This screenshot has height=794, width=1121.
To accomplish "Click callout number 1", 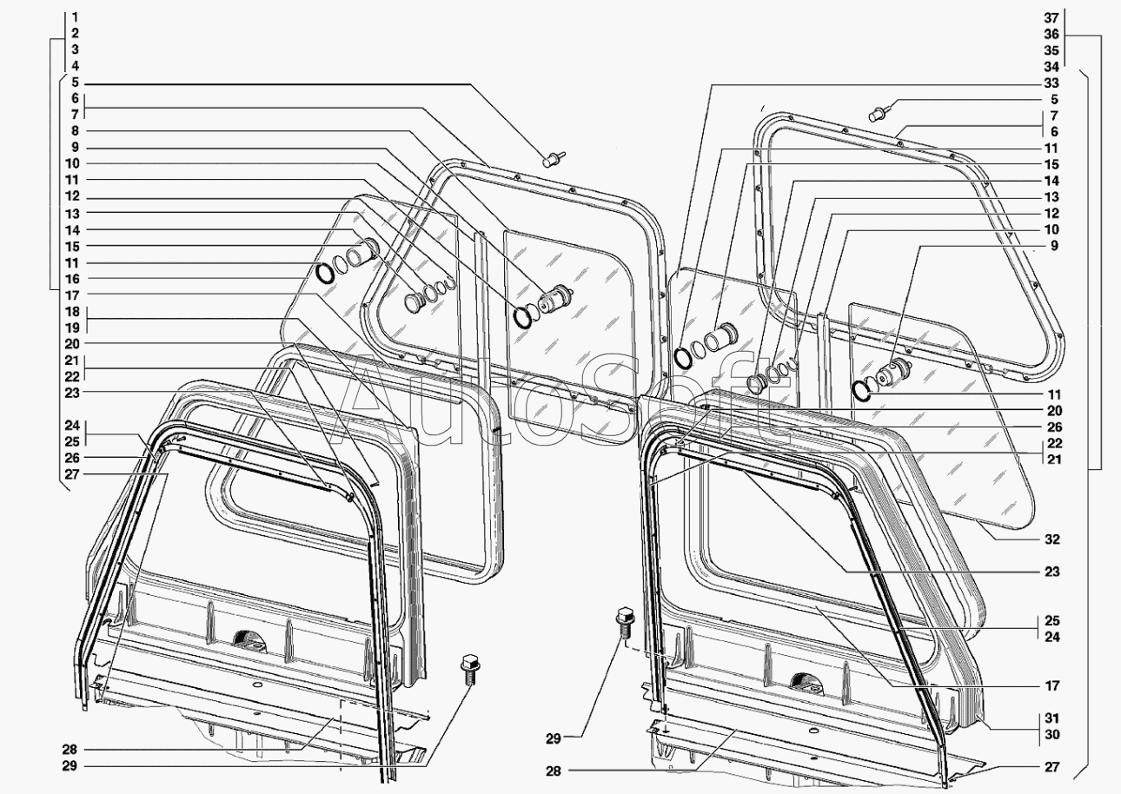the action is [x=76, y=17].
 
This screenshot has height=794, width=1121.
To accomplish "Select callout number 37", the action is [x=1051, y=17].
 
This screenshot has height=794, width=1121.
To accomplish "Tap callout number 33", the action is [x=1051, y=83].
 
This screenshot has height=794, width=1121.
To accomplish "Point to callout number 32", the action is [x=1052, y=539].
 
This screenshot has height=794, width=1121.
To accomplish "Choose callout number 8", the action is [x=76, y=131].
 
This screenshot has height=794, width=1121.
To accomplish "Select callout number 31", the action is [x=1051, y=718].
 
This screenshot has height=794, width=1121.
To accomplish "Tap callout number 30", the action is [x=1051, y=734].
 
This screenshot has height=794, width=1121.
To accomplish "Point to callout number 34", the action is [x=1051, y=67].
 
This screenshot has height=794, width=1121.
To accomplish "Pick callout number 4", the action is [x=76, y=66].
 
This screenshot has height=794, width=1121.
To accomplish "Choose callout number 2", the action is [x=76, y=34].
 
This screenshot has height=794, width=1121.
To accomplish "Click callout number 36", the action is [x=1051, y=34].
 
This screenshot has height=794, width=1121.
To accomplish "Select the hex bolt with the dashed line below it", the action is [x=624, y=622].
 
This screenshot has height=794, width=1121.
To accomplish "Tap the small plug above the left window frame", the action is [x=552, y=159].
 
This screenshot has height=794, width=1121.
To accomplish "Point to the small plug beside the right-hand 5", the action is [x=880, y=113].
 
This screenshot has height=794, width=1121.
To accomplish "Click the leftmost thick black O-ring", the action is [x=324, y=274].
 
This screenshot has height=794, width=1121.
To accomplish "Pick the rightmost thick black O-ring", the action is [x=861, y=392].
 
